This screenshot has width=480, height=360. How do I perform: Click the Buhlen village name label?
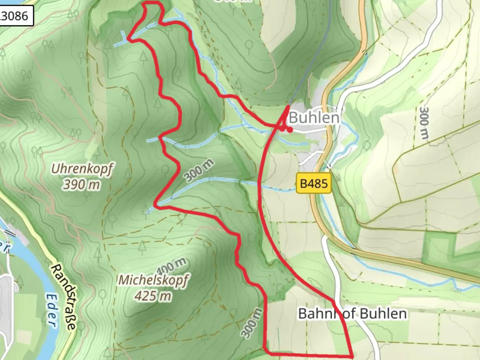(x=314, y=118)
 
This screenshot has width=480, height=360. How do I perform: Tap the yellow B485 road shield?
(x=314, y=183)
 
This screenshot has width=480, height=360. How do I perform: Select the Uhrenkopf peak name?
(x=82, y=169)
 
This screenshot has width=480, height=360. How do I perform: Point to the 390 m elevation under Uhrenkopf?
(x=81, y=184)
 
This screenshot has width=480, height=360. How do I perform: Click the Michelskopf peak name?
(x=153, y=280)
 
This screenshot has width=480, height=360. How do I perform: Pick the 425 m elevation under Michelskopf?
(x=153, y=296)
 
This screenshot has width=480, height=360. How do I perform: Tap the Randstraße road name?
(x=63, y=297)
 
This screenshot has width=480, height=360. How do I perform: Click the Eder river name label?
(x=51, y=310)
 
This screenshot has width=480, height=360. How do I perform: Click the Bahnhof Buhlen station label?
(x=352, y=314)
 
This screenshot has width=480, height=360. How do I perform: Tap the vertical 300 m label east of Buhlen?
(x=424, y=123)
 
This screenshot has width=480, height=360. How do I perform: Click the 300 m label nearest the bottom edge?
(x=252, y=323)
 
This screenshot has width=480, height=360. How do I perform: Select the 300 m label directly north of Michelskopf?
(x=199, y=171)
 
